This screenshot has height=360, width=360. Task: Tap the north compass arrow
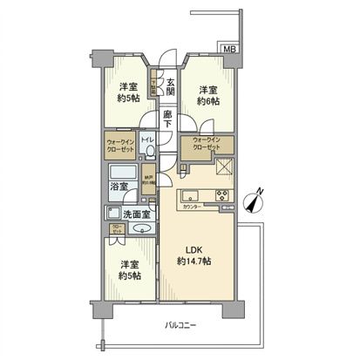255,202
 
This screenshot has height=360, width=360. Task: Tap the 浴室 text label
119,186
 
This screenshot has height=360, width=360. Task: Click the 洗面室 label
135,214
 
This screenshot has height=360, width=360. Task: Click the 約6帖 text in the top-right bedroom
207,102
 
